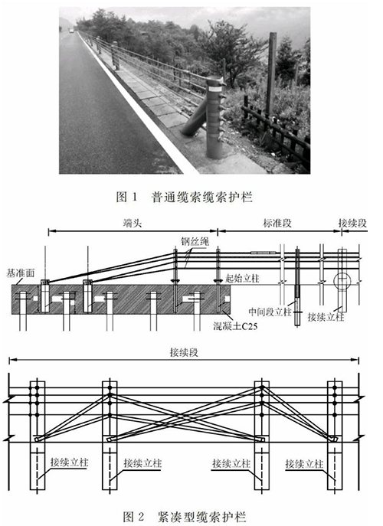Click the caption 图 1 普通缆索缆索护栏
pyautogui.click(x=184, y=197)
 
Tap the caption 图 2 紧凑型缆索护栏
pyautogui.click(x=185, y=517)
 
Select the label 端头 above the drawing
pyautogui.click(x=133, y=224)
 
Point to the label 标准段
pyautogui.click(x=277, y=224)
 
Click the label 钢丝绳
pyautogui.click(x=195, y=241)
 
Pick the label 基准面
pyautogui.click(x=21, y=273)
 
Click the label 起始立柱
pyautogui.click(x=242, y=278)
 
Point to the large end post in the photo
pyautogui.click(x=214, y=117)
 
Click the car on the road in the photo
pyautogui.click(x=71, y=31)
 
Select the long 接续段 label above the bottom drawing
pyautogui.click(x=184, y=352)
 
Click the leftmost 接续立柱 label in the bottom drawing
pyautogui.click(x=70, y=462)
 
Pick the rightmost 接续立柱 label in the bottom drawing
pyautogui.click(x=304, y=464)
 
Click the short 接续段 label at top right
pyautogui.click(x=352, y=223)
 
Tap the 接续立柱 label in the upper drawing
pyautogui.click(x=326, y=317)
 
